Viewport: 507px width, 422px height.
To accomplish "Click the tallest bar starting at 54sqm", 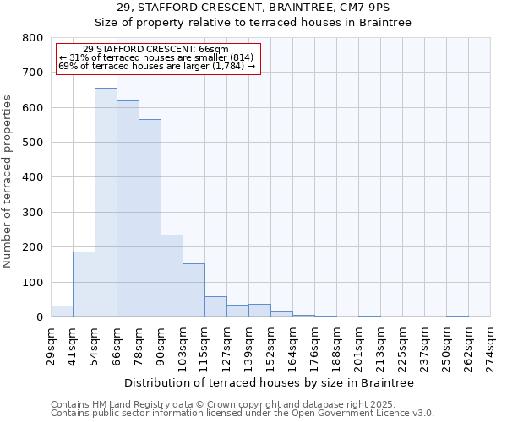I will click(x=106, y=203).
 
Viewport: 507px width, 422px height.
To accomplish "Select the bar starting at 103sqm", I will click(x=194, y=290).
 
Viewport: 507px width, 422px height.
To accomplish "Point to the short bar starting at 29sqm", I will click(x=62, y=311).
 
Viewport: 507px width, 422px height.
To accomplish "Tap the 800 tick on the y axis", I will click(x=32, y=38).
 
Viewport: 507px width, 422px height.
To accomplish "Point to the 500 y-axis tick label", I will click(x=32, y=143).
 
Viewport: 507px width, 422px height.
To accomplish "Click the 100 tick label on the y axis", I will click(x=32, y=283).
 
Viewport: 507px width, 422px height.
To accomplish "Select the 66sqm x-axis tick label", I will click(x=117, y=345).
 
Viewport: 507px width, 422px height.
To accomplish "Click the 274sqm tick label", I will click(x=490, y=345).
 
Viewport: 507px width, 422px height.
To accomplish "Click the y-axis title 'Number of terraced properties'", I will click(x=8, y=181).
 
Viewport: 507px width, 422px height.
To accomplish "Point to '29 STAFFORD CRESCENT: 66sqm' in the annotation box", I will click(x=156, y=50).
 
